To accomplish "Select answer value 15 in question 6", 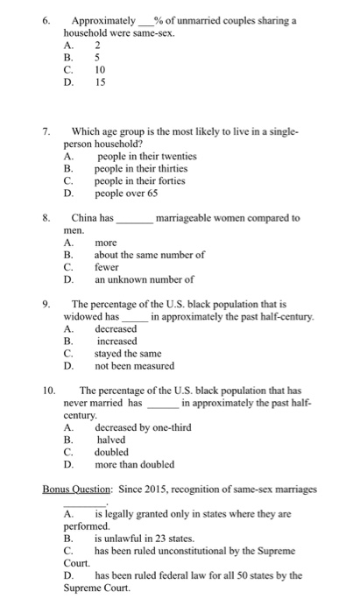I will [99, 83].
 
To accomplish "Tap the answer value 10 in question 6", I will [99, 71].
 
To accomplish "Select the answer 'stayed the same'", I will [129, 354].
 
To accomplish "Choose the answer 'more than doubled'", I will [134, 464].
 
